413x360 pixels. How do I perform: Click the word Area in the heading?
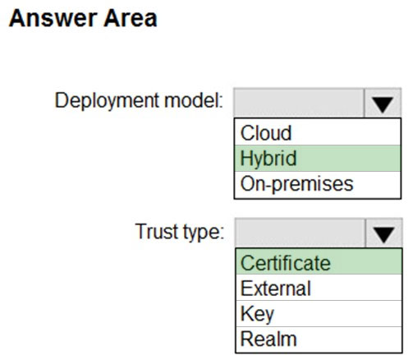point(131,19)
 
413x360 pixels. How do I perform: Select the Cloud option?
point(266,133)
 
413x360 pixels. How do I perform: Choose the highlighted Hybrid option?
point(268,159)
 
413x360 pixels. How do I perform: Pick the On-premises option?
point(296,184)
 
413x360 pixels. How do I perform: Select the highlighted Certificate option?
point(286,263)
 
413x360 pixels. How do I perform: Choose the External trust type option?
point(276,288)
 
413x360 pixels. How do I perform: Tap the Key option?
point(257,315)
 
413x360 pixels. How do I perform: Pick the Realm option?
point(268,339)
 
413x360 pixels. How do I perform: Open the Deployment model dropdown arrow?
point(383,103)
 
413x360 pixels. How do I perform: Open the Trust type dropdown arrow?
point(383,233)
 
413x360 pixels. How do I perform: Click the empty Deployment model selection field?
point(299,103)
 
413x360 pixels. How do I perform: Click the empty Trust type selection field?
point(301,233)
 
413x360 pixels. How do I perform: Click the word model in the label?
point(194,100)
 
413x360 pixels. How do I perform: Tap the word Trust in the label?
point(157,231)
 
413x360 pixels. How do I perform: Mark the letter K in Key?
point(246,313)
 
